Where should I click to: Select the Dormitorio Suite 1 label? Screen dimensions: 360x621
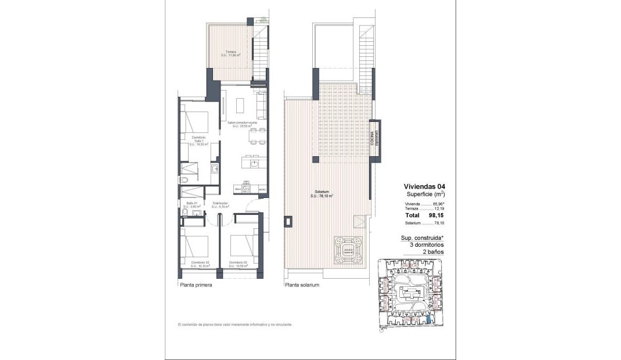point(198,139)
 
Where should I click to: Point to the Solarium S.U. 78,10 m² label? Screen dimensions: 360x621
point(320,193)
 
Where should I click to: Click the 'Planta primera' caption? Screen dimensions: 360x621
point(196,286)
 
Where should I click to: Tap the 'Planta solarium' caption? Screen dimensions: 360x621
point(302,286)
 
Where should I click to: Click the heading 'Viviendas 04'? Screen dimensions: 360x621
point(425,186)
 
